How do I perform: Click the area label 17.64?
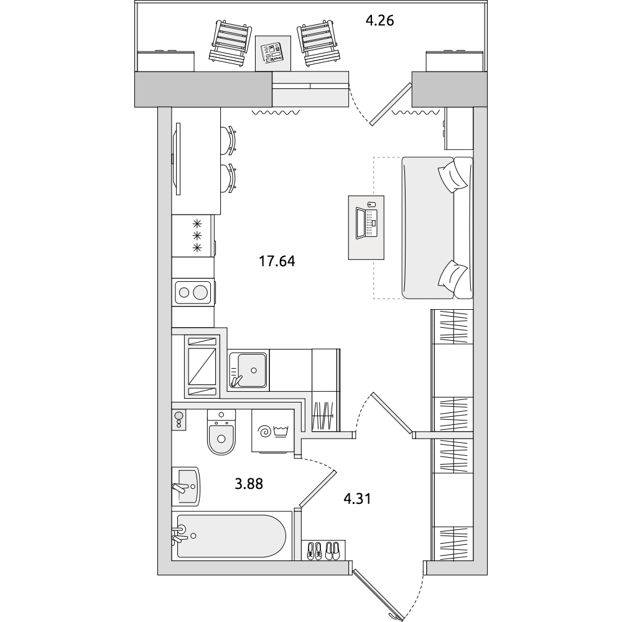(x=277, y=261)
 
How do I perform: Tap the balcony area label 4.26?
(x=379, y=21)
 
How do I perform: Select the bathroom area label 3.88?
(x=249, y=484)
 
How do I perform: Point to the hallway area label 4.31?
(x=358, y=499)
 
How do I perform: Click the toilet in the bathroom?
(x=221, y=432)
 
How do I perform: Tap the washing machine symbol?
(x=273, y=431)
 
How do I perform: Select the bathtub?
(x=231, y=536)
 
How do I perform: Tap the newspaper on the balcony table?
(x=273, y=53)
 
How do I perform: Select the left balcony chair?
(x=231, y=42)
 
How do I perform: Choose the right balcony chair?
(x=319, y=42)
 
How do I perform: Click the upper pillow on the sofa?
(x=453, y=175)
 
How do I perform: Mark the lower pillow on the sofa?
(x=453, y=277)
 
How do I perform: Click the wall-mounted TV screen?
(x=178, y=159)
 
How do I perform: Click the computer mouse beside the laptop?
(x=371, y=205)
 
